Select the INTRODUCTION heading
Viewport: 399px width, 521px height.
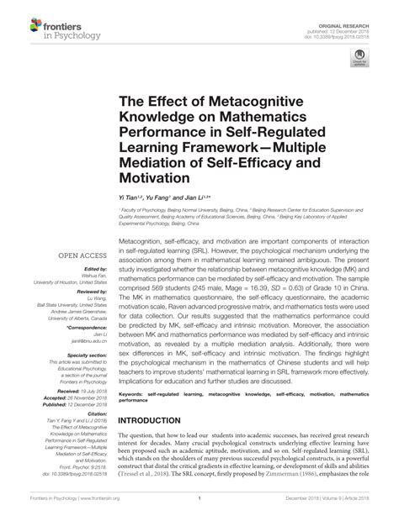(157, 419)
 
